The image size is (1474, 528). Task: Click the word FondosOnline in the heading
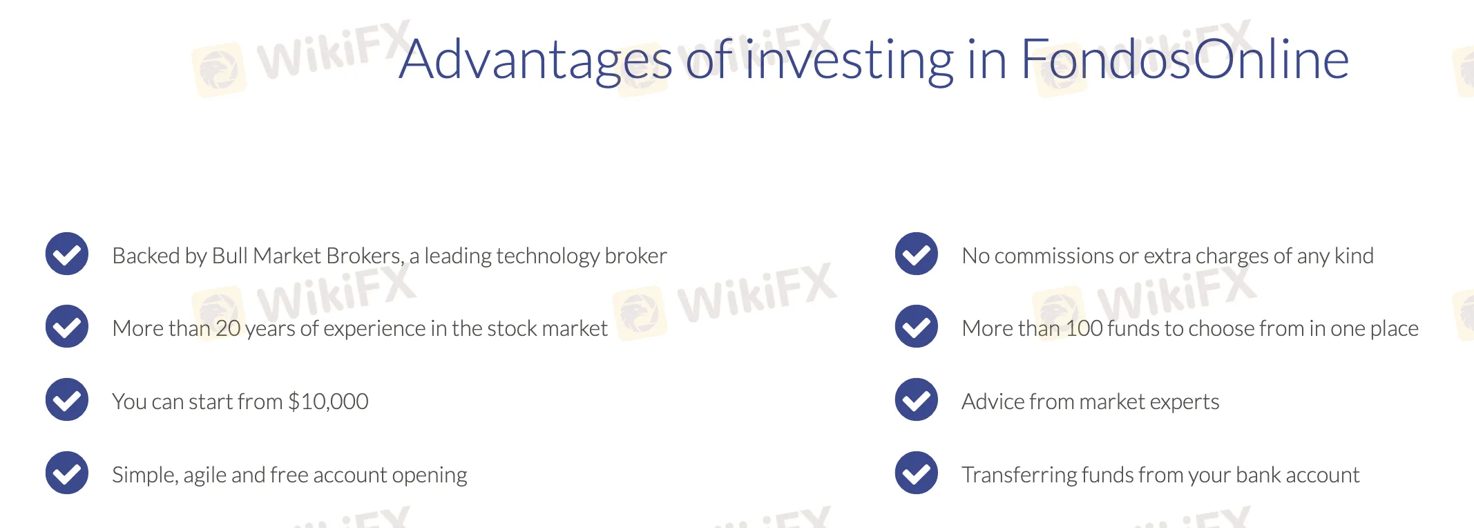1185,59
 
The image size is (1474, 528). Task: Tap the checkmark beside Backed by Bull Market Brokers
67,254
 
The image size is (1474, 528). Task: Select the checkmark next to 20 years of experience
67,326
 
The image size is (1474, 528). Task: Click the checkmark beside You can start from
67,399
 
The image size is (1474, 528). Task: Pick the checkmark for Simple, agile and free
67,473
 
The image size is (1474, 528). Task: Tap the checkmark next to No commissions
917,254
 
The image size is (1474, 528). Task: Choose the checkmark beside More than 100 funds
917,326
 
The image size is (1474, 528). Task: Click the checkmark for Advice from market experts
917,399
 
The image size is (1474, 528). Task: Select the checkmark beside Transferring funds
917,473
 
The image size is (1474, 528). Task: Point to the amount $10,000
328,402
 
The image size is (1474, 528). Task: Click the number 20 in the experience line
228,328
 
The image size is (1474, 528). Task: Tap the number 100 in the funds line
1084,328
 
